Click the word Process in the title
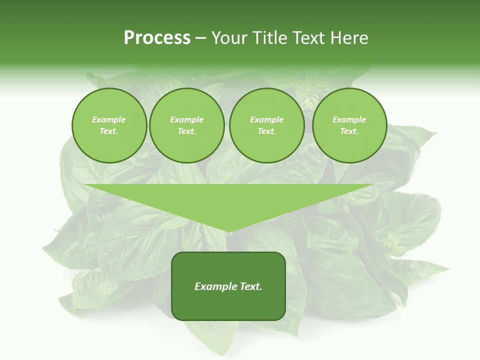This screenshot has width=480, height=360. [157, 38]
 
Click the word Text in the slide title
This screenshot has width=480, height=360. [309, 38]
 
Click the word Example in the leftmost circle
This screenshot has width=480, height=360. [109, 119]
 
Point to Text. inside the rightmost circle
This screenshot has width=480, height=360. [349, 131]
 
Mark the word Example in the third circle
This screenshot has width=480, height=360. [266, 119]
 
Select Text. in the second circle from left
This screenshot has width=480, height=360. [186, 131]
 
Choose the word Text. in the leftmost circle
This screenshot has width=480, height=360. [109, 131]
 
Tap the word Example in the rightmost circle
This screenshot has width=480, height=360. [349, 119]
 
